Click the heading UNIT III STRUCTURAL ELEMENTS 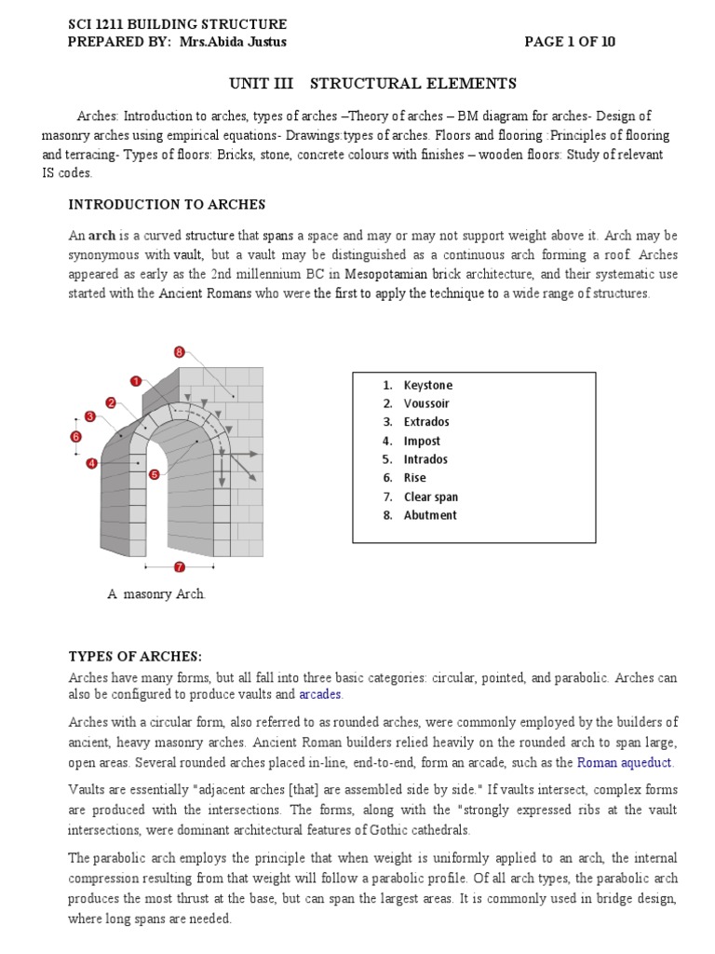[x=372, y=84]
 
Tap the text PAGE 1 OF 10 [x=570, y=42]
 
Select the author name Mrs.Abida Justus [x=240, y=42]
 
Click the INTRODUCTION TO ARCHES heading [x=167, y=204]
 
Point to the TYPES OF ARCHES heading [x=136, y=656]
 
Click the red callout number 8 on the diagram [x=179, y=352]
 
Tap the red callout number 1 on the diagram [x=136, y=381]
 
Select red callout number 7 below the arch [x=179, y=566]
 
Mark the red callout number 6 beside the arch [x=76, y=436]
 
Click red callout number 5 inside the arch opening [x=154, y=474]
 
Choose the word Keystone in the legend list [x=427, y=386]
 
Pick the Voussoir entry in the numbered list [x=426, y=404]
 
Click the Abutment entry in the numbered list [x=430, y=515]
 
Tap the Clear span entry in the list [x=430, y=497]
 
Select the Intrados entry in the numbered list [x=425, y=459]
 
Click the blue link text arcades [x=320, y=695]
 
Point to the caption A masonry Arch [x=156, y=594]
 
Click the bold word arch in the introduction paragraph [x=101, y=236]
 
